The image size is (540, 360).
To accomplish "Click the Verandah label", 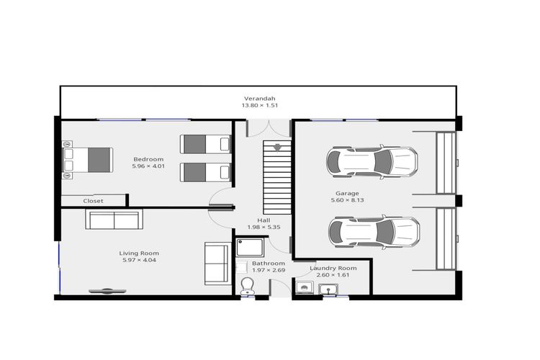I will point(259,99).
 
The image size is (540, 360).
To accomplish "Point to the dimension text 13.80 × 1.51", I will point(259,106).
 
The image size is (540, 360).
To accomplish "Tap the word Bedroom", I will point(148,159).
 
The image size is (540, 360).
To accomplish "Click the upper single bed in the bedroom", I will point(204,144).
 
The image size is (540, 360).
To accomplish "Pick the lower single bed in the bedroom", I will point(204,172).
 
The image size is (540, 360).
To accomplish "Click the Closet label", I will point(93,201).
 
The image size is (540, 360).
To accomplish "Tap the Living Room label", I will point(139,253).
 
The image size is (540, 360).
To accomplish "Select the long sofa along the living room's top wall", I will point(114,220).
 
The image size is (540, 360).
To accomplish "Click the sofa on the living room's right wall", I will point(217,263).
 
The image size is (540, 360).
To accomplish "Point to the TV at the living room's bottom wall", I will point(107,291).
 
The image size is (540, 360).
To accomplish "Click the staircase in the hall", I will point(276,176).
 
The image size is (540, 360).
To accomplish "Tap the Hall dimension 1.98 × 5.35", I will point(264,228).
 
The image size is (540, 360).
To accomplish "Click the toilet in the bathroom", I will point(246,285).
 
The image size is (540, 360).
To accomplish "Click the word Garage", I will point(347,193).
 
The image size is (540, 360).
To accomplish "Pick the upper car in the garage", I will point(372,163).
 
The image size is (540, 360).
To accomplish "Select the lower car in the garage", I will point(374,232).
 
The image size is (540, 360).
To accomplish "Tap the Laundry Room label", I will point(333,268).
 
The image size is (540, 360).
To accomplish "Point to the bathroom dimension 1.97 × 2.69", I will point(268,271).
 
